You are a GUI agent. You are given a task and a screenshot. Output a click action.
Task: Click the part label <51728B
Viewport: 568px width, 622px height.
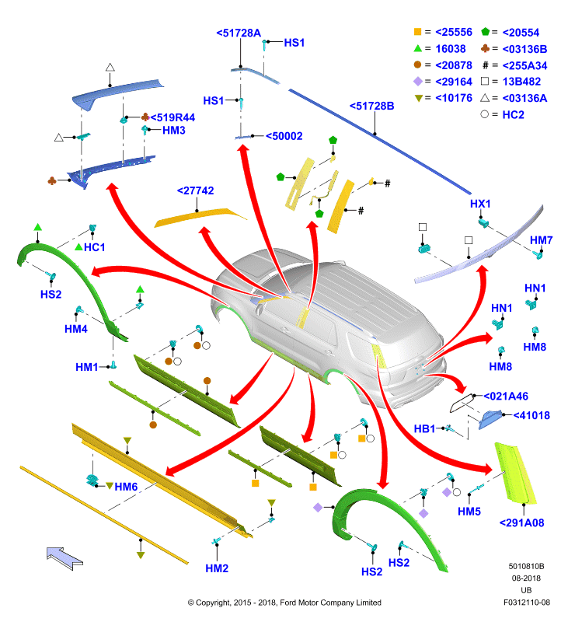[x=371, y=107]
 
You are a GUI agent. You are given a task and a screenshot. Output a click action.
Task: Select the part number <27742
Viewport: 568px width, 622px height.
[x=195, y=190]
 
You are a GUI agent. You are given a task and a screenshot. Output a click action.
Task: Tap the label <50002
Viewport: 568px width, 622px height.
[x=284, y=137]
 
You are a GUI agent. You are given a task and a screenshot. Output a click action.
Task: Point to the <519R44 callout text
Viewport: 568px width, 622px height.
[x=172, y=118]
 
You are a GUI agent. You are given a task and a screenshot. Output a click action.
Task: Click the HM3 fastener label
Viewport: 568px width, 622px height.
[x=174, y=131]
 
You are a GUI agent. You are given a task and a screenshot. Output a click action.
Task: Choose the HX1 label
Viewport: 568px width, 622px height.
[x=480, y=204]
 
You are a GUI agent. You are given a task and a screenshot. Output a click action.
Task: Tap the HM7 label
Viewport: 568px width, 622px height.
[x=542, y=240]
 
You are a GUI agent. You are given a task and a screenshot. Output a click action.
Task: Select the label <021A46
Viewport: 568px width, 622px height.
[x=506, y=397]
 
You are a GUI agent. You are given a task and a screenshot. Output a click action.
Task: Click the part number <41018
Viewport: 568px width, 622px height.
[x=531, y=416]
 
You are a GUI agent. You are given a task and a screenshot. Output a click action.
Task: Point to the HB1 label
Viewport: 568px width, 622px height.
[x=424, y=429]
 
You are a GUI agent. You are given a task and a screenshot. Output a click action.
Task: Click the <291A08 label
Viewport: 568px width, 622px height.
[x=521, y=523]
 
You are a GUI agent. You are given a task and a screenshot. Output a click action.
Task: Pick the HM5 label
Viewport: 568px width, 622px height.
[x=469, y=512]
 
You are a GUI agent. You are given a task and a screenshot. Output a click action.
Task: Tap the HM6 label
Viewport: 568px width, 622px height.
[x=126, y=487]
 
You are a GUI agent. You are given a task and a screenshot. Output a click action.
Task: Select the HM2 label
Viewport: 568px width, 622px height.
[x=217, y=568]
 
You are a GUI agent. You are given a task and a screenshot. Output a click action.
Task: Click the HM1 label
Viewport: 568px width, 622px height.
[x=87, y=367]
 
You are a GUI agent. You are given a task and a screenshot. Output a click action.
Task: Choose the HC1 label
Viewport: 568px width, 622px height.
[x=94, y=247]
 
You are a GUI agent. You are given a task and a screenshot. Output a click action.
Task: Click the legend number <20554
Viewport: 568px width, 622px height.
[x=521, y=33]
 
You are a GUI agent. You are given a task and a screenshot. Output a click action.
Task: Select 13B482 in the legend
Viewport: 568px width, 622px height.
[x=521, y=82]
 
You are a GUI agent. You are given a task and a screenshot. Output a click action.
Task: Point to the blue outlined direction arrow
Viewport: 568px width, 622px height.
[x=64, y=558]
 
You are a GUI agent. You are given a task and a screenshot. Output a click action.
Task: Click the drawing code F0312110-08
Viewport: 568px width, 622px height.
[x=527, y=603]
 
